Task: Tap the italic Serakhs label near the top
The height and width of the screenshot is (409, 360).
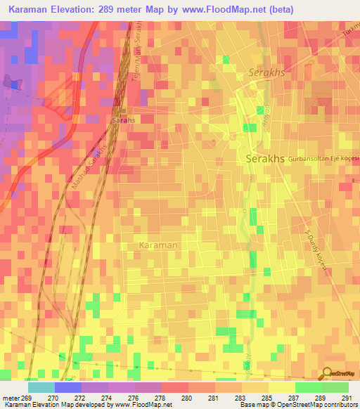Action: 266,73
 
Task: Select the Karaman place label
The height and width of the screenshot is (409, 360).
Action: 158,245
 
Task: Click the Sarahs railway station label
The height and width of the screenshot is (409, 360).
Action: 123,120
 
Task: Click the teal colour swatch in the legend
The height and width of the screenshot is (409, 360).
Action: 41,387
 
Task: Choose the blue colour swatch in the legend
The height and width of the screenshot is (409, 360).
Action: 67,387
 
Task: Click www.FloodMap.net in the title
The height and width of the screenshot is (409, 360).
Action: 226,9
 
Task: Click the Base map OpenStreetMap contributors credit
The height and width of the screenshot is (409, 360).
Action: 298,405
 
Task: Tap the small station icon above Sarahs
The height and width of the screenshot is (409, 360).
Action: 122,110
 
